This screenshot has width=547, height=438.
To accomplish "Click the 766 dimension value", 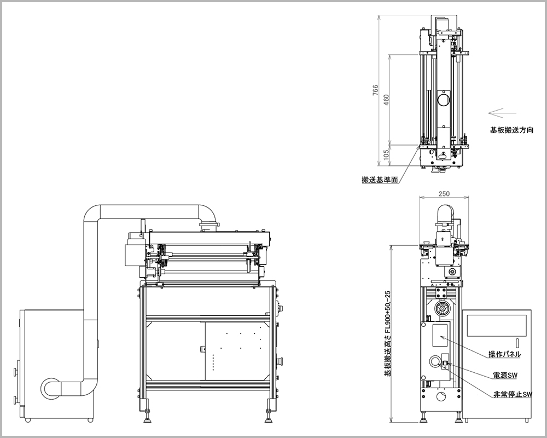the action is point(375,90).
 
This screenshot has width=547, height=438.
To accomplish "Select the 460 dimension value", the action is point(386,100).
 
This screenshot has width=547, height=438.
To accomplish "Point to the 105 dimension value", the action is point(386,155).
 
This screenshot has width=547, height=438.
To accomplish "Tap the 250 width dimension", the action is point(444,193).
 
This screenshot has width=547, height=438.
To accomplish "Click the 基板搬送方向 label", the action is point(512,130).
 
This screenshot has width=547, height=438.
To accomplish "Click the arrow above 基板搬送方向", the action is point(502,113).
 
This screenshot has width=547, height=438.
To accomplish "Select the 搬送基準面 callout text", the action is point(380,180).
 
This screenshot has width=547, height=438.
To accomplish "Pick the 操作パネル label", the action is point(504,354).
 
